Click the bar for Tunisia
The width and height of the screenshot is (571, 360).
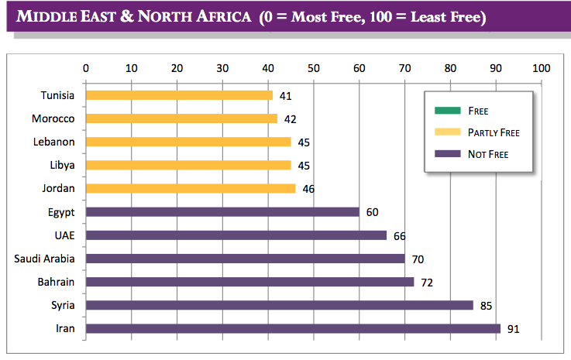179,95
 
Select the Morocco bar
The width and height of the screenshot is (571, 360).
181,118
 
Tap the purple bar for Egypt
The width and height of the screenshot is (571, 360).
222,211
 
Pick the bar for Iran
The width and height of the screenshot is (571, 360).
293,328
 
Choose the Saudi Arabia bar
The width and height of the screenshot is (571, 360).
245,259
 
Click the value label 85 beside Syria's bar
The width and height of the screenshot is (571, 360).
486,305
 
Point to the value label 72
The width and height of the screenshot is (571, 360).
426,282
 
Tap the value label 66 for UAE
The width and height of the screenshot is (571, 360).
399,235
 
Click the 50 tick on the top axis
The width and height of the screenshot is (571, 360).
314,68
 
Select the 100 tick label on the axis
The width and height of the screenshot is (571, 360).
541,68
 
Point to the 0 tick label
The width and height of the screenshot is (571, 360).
86,68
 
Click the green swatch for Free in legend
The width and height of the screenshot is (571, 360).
442,110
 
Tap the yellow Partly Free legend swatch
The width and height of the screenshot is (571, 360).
442,132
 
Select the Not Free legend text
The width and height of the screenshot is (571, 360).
488,154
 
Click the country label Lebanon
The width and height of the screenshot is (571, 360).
53,142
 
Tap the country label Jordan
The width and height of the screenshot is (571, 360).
58,188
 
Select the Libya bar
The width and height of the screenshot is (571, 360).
188,165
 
